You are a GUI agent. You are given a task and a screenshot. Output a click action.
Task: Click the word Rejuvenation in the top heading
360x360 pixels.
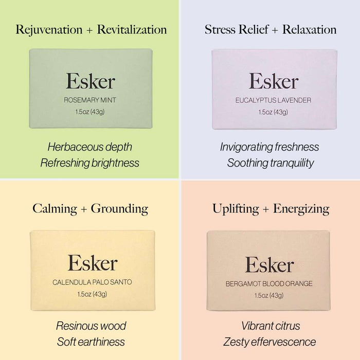(x=48, y=29)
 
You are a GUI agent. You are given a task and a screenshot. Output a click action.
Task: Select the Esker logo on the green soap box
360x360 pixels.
(x=90, y=81)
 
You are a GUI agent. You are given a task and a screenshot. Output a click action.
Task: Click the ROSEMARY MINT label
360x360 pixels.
(x=90, y=100)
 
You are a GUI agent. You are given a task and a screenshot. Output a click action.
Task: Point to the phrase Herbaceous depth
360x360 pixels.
(x=90, y=147)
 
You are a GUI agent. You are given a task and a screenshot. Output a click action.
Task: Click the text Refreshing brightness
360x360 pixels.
(x=90, y=163)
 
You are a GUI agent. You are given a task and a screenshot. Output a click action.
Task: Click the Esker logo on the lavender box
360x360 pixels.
(x=273, y=81)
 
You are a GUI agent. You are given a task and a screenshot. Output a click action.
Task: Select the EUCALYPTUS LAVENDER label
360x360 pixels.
(x=273, y=100)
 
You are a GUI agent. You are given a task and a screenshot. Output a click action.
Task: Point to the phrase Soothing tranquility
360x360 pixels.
(x=270, y=163)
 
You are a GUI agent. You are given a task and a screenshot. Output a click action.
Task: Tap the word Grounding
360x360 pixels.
(x=119, y=208)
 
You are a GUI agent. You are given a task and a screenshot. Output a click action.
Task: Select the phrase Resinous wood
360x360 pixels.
(x=91, y=326)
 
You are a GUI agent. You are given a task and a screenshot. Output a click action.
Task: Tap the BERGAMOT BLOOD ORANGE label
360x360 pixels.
(x=269, y=283)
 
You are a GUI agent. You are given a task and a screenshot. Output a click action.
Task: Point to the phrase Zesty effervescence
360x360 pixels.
(x=270, y=342)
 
